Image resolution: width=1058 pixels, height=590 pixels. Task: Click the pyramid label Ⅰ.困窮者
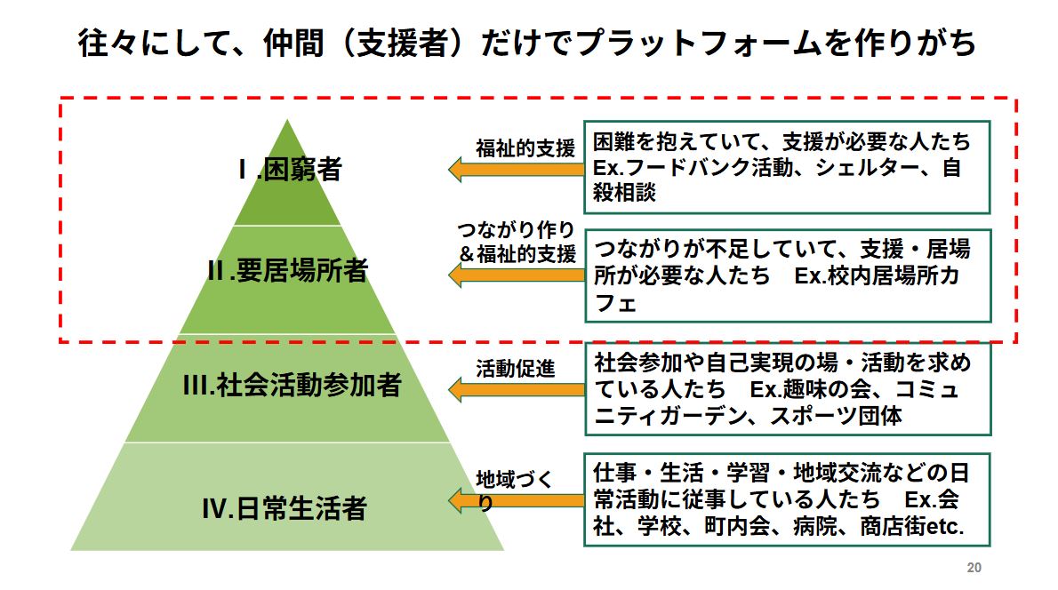pyautogui.click(x=288, y=170)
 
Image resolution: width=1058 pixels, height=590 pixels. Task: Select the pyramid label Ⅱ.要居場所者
pyautogui.click(x=286, y=271)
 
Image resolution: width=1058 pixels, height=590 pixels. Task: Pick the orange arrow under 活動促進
pyautogui.click(x=515, y=388)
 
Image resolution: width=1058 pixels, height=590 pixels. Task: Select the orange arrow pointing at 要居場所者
pyautogui.click(x=515, y=275)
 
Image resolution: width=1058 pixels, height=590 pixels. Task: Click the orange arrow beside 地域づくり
pyautogui.click(x=515, y=501)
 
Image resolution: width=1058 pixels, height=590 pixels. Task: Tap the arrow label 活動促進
pyautogui.click(x=516, y=367)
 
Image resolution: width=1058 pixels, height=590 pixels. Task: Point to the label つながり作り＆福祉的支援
pyautogui.click(x=517, y=241)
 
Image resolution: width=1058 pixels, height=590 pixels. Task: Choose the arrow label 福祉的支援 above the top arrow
pyautogui.click(x=525, y=147)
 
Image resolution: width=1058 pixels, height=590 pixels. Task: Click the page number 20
pyautogui.click(x=973, y=568)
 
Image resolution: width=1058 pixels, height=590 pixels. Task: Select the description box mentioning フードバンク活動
pyautogui.click(x=787, y=167)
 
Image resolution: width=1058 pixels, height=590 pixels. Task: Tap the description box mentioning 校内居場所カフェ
pyautogui.click(x=787, y=275)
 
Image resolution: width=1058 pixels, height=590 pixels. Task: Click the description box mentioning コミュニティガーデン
pyautogui.click(x=787, y=388)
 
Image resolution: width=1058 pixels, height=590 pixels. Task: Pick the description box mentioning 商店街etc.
pyautogui.click(x=787, y=499)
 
